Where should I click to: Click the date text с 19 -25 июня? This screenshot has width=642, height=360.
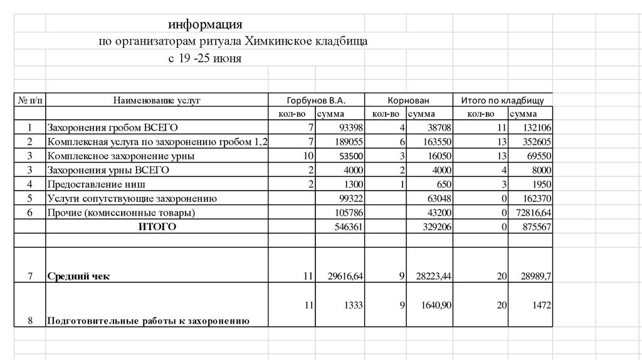tap(204, 59)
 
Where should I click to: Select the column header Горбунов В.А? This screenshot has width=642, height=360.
tap(316, 100)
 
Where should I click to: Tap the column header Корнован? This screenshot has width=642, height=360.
tap(408, 100)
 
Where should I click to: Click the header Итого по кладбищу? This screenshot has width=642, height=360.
tap(502, 100)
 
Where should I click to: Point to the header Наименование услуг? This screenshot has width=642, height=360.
tap(157, 100)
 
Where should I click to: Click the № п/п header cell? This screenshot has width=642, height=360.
tap(29, 100)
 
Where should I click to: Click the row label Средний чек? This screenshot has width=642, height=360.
tap(78, 276)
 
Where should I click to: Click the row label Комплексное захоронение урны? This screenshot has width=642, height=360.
tap(120, 156)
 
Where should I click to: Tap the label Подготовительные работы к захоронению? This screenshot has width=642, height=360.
tap(148, 321)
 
